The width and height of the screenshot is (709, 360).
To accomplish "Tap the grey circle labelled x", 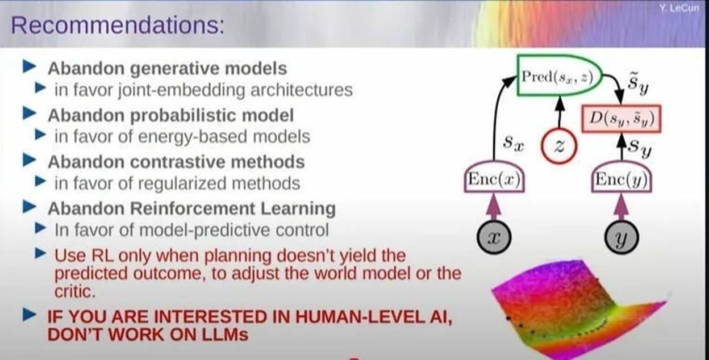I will click(494, 240).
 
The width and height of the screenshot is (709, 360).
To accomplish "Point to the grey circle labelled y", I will click(622, 240).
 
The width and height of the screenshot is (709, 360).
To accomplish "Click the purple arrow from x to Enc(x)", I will click(494, 208).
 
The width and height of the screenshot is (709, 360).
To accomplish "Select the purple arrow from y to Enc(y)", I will click(622, 208).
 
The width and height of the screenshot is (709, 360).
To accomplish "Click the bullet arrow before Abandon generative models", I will click(30, 68).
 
